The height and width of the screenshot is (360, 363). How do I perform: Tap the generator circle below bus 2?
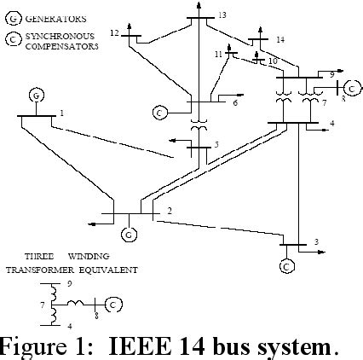point(129,232)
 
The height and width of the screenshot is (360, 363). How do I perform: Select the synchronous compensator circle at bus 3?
point(286,264)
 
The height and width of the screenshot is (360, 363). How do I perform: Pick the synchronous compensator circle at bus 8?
point(351,86)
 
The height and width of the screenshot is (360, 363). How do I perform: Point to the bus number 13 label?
point(222,15)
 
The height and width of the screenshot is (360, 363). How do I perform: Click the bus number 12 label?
point(114,32)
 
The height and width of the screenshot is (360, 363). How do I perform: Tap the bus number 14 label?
point(280,39)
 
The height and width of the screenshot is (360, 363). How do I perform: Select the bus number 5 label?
point(216,145)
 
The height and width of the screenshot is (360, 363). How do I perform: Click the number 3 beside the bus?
point(316,242)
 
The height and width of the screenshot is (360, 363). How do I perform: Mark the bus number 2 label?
point(169,210)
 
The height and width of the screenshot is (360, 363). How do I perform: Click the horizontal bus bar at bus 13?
point(199,16)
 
